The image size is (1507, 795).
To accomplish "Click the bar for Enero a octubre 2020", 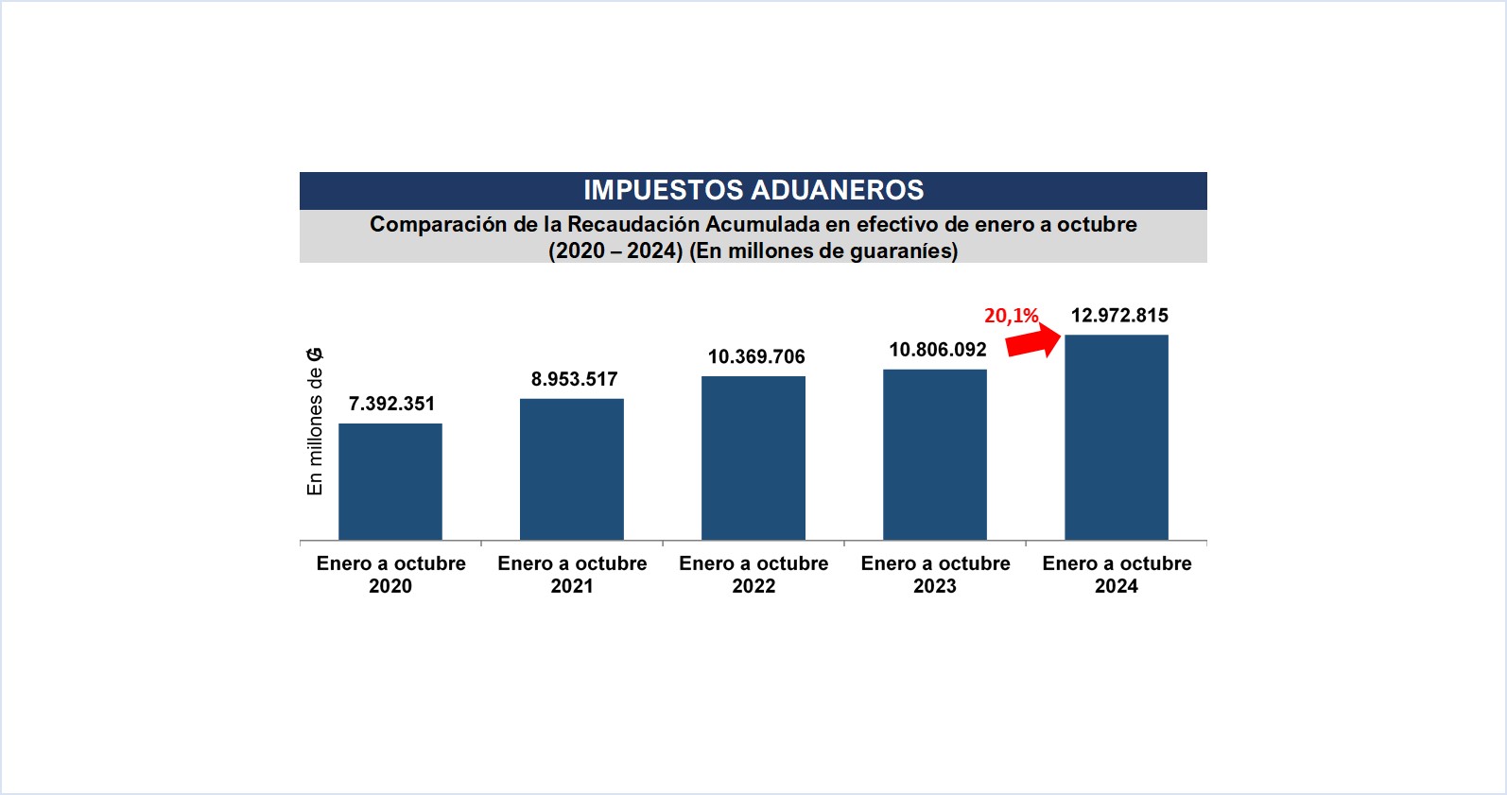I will (390, 482).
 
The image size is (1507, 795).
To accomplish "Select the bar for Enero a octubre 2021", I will (572, 470).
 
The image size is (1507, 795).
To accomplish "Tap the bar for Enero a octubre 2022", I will (753, 458).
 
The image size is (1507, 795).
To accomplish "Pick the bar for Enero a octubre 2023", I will (935, 455).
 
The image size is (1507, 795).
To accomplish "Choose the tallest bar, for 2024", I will (1117, 438).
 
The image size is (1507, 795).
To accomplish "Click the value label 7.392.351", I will (391, 404).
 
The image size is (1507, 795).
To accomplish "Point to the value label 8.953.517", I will (574, 379).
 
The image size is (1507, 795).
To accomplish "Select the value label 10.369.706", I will (756, 356).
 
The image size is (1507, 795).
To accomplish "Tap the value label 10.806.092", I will (938, 350).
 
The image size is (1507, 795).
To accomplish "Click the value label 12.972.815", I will (1119, 316).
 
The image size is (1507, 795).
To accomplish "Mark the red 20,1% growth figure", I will (1011, 316).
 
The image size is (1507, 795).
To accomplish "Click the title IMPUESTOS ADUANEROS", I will (753, 190).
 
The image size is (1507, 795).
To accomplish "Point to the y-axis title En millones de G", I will (315, 422).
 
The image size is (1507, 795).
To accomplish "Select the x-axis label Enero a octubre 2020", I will (390, 575).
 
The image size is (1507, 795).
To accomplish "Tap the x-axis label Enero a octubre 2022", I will (753, 575).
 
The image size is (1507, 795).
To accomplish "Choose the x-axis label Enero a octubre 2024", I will (1117, 575).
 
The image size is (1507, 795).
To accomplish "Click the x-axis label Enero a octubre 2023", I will (935, 575).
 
